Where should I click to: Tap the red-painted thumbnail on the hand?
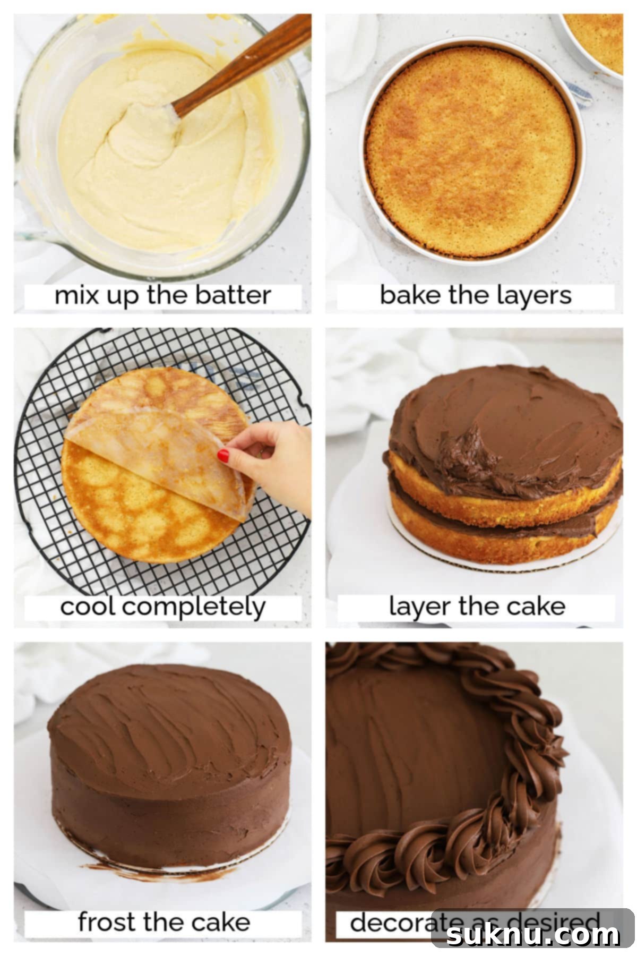pos(223,455)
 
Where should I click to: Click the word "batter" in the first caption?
pos(233,295)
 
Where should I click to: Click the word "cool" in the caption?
pos(88,607)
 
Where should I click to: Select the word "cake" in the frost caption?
pos(221,922)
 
